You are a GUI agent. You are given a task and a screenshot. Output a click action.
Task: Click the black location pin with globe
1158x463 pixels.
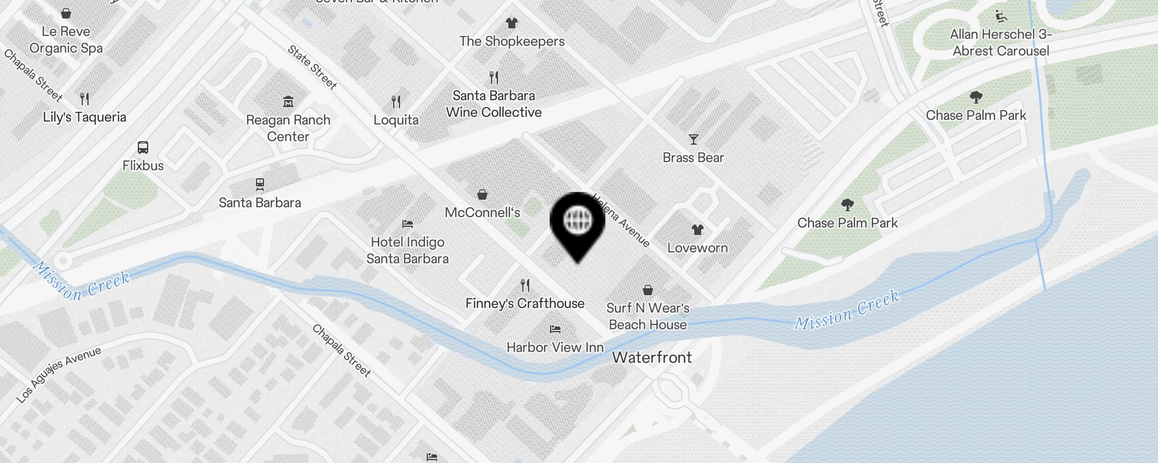coord(577,223)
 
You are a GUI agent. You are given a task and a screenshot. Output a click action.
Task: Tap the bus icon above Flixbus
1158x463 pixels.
coord(143,148)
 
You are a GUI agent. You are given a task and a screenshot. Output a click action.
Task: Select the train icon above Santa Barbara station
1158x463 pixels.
coord(260,185)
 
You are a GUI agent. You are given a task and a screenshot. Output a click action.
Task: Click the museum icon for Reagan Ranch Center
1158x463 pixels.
coord(288,102)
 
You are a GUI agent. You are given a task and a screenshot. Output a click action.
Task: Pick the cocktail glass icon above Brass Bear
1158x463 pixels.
coord(693,139)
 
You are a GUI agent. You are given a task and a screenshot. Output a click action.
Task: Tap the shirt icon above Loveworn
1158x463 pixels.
coord(697,230)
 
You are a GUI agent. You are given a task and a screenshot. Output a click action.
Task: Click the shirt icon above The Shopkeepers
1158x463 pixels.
coord(511,23)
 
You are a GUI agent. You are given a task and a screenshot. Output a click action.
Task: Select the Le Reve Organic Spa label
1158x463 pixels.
coord(66,40)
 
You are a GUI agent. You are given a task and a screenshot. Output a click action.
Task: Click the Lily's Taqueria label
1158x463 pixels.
coord(85,117)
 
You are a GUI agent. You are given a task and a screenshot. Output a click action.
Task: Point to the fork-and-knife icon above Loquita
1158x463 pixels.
coord(396,102)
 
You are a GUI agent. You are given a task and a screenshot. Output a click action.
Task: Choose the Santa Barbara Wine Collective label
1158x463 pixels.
coord(494,104)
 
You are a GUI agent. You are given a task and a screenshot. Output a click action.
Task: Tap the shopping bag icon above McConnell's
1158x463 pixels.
coord(482,194)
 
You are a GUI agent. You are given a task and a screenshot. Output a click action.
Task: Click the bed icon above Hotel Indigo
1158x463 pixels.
coord(408,224)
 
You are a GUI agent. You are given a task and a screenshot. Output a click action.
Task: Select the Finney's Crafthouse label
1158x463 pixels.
coord(525,303)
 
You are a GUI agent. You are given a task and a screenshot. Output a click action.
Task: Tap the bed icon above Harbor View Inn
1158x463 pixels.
coord(555,329)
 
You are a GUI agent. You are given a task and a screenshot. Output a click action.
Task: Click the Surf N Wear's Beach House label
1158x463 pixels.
coord(648,317)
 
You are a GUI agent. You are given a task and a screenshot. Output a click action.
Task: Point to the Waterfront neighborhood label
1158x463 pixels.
coord(652,357)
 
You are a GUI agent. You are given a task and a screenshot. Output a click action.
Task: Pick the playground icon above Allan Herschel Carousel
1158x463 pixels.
coord(1001,16)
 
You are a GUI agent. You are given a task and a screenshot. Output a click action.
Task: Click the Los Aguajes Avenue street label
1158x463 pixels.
coord(58,374)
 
